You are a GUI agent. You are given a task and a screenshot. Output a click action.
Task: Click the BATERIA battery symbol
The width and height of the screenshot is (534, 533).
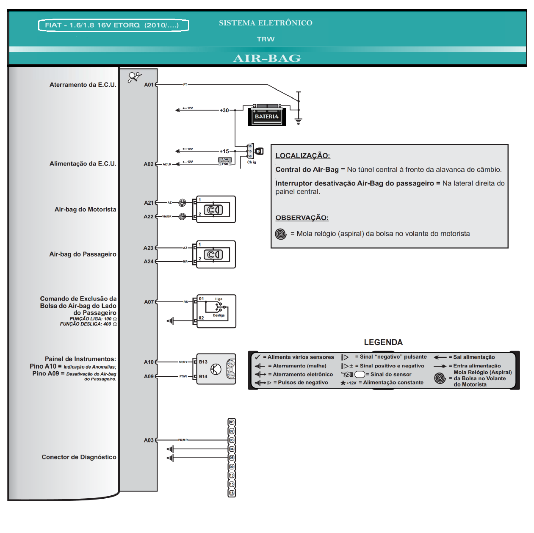(x=267, y=115)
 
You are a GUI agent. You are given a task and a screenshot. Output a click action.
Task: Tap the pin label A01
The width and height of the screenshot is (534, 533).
(x=149, y=85)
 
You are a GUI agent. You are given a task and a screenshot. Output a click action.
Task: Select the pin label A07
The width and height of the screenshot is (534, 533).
(x=149, y=302)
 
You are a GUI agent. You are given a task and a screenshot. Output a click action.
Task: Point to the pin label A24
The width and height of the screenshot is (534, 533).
(x=148, y=262)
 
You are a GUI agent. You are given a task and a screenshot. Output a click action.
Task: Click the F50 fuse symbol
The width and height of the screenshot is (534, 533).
(x=225, y=160)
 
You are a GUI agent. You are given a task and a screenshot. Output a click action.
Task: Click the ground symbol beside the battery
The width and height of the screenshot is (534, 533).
(x=299, y=122)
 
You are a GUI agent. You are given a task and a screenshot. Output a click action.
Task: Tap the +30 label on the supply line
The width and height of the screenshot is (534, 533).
(x=224, y=110)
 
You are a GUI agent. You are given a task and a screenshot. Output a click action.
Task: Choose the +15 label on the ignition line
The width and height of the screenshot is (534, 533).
(x=224, y=151)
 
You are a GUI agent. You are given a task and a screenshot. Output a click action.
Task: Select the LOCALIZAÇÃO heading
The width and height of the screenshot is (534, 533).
(x=302, y=155)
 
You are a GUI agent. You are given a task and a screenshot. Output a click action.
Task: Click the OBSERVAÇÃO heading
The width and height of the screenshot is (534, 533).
(x=302, y=218)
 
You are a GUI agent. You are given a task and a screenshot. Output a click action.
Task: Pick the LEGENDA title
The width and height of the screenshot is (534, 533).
(x=383, y=342)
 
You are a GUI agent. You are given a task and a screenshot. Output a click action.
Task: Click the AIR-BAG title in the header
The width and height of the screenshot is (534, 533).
(x=267, y=58)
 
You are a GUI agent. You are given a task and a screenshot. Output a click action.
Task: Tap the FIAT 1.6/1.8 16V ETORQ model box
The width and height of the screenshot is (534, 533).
(x=113, y=25)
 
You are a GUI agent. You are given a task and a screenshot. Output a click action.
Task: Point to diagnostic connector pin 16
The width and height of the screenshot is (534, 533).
(x=232, y=493)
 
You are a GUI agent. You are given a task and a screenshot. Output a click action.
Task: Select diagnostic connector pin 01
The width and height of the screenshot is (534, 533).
(x=232, y=422)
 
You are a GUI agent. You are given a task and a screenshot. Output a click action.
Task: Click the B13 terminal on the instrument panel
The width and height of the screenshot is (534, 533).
(x=203, y=362)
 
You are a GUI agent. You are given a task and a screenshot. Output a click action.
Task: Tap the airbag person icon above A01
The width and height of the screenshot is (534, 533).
(x=134, y=77)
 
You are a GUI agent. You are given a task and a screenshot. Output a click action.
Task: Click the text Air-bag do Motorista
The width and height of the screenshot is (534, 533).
(x=85, y=209)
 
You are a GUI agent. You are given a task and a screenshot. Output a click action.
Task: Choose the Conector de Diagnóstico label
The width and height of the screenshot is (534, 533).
(x=79, y=457)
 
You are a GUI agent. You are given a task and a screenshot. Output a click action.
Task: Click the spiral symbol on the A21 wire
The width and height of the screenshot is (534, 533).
(x=183, y=203)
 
